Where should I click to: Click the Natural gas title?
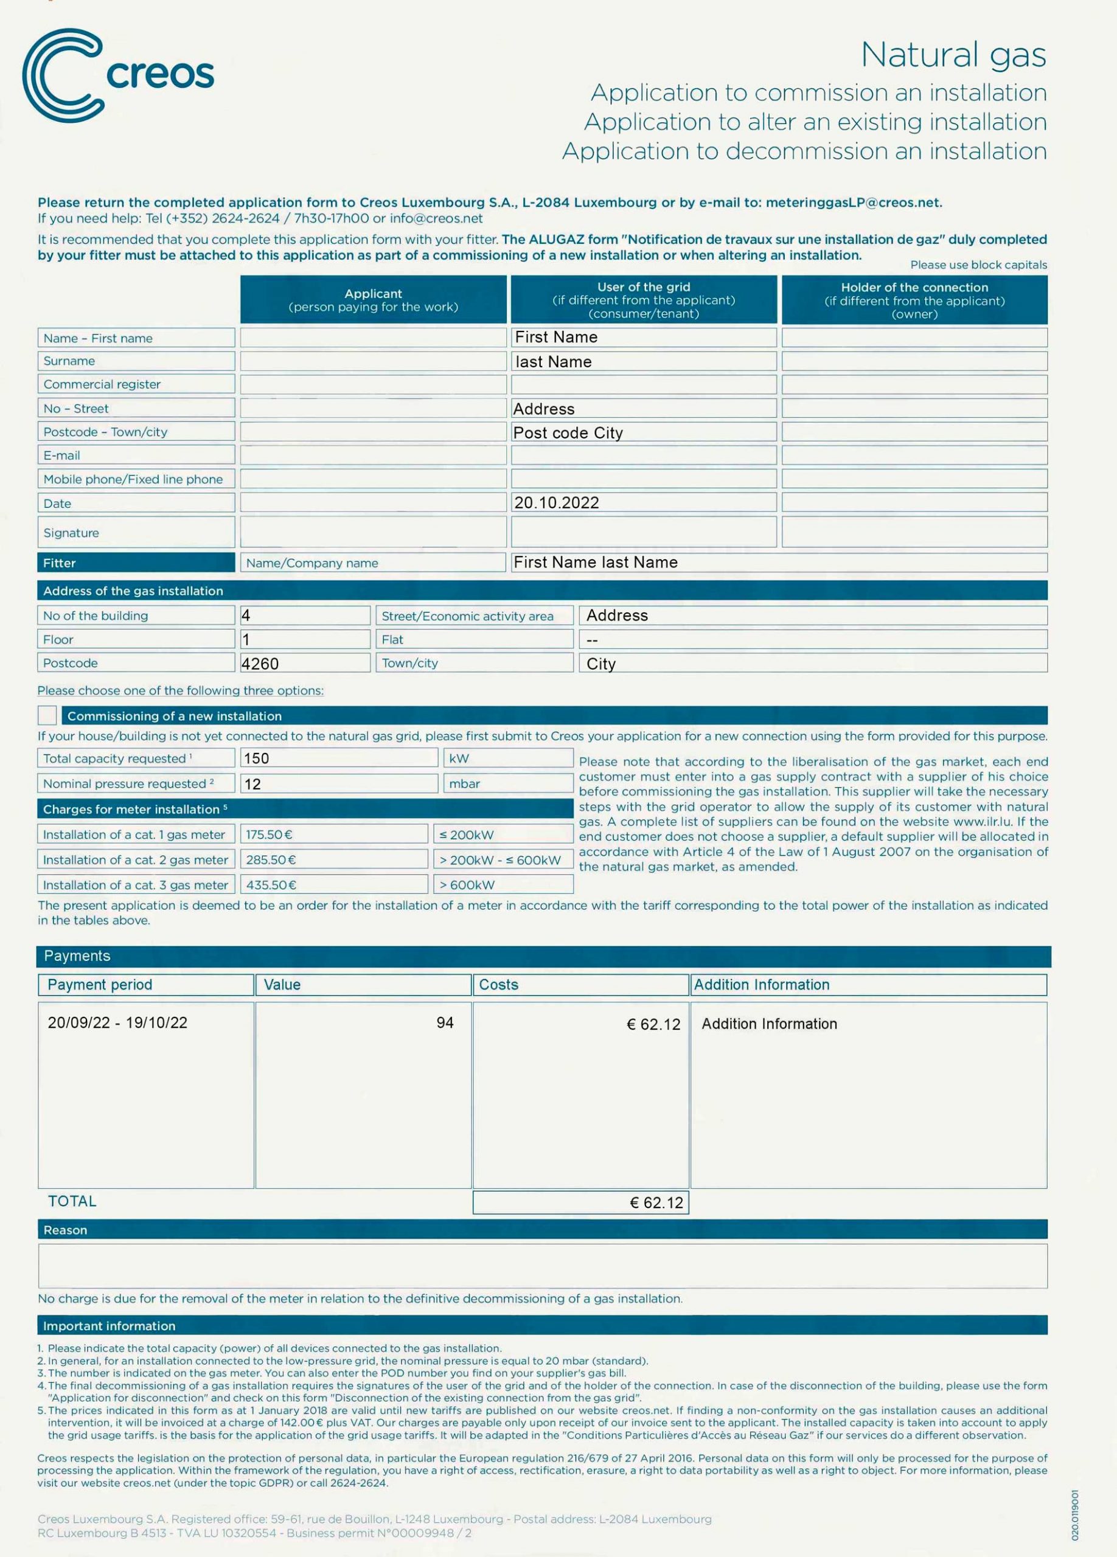pyautogui.click(x=953, y=55)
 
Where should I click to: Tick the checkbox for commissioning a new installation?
pyautogui.click(x=47, y=715)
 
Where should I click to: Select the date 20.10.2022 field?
pyautogui.click(x=557, y=502)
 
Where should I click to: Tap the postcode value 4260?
pyautogui.click(x=260, y=664)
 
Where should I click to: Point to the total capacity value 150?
pyautogui.click(x=257, y=758)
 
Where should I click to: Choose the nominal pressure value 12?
pyautogui.click(x=252, y=784)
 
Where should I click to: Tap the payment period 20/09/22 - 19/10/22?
pyautogui.click(x=117, y=1022)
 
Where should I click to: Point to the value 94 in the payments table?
pyautogui.click(x=445, y=1022)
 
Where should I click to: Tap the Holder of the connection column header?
pyautogui.click(x=914, y=300)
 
